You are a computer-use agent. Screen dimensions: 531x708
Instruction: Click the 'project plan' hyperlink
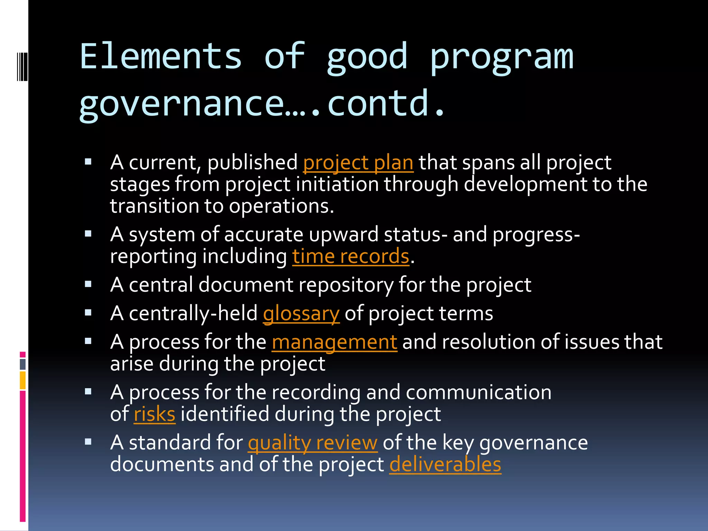tap(358, 162)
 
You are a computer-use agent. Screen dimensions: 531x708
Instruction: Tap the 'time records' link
tap(351, 257)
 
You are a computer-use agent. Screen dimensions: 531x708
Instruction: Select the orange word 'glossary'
tap(301, 314)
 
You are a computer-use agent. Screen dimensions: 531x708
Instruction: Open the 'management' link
tap(334, 342)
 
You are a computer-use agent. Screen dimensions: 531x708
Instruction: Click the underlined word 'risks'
tap(155, 414)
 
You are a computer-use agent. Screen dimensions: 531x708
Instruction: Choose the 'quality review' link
tap(313, 443)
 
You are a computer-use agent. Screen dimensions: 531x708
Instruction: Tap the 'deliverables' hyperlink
tap(445, 464)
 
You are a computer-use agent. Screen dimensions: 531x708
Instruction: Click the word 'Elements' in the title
tap(161, 56)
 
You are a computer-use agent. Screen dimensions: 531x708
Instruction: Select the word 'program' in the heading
tap(502, 56)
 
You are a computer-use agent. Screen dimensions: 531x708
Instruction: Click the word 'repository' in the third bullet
tap(346, 285)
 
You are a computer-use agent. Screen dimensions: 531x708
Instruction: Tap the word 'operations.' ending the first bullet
tap(281, 206)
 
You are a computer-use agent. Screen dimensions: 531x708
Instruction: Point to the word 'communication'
tap(478, 393)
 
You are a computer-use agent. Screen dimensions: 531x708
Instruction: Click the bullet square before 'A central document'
tap(88, 285)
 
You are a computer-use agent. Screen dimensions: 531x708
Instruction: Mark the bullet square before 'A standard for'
tap(88, 441)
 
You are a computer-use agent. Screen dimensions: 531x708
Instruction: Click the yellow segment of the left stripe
tap(23, 380)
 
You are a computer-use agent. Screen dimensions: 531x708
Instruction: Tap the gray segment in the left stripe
tap(23, 364)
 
